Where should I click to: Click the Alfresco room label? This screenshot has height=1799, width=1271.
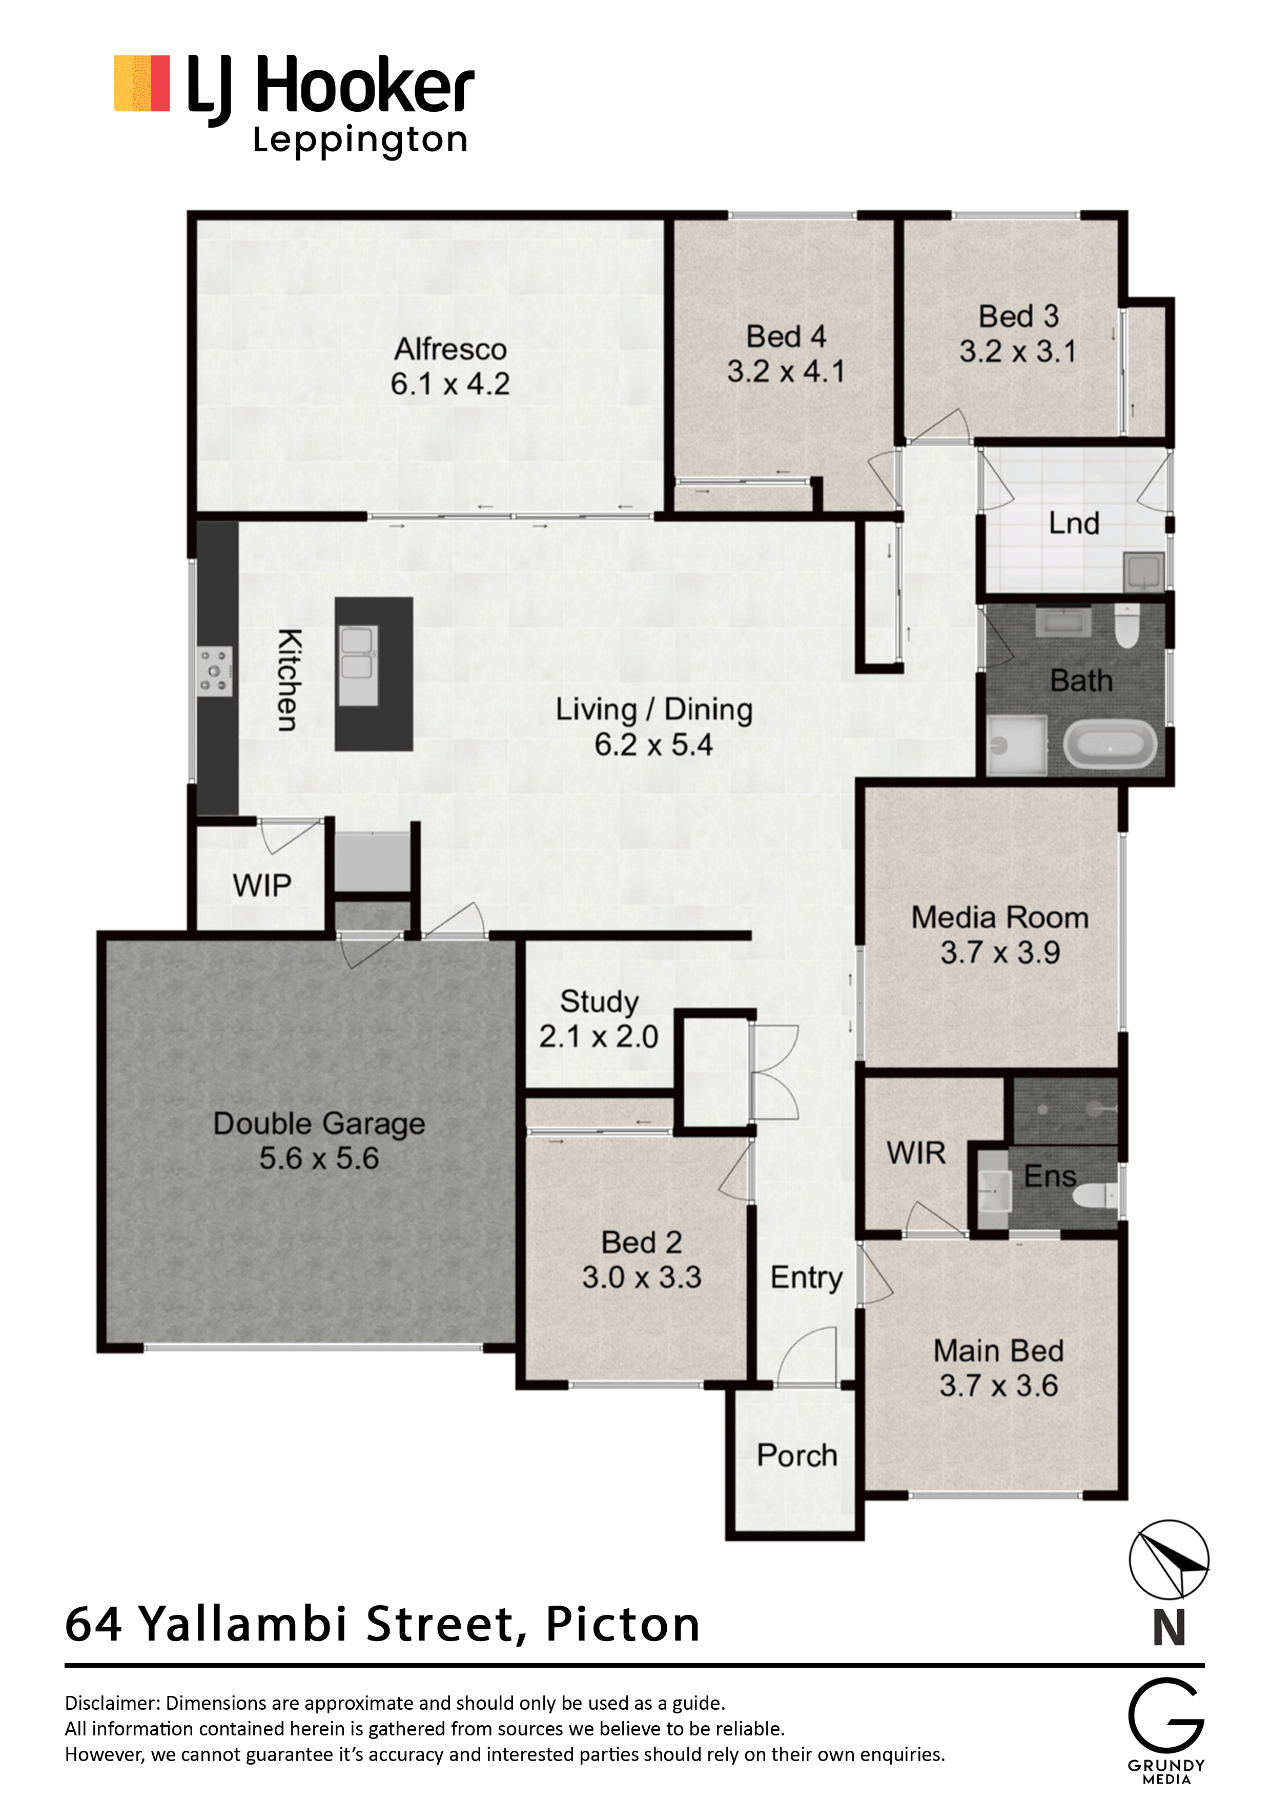point(450,349)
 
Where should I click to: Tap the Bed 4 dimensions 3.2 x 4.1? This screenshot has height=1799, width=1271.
point(786,371)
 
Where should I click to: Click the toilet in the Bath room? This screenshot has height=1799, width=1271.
point(1126,625)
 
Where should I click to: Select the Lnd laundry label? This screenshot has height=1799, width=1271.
point(1074,524)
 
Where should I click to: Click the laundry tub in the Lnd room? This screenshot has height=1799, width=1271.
point(1143,571)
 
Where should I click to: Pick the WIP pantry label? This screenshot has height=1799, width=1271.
point(261,885)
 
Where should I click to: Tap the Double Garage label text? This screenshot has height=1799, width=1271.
point(319,1124)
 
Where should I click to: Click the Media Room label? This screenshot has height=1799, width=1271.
point(999,917)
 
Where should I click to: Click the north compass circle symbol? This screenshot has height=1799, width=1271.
point(1168,1559)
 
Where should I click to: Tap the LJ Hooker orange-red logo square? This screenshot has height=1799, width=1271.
point(142,83)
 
